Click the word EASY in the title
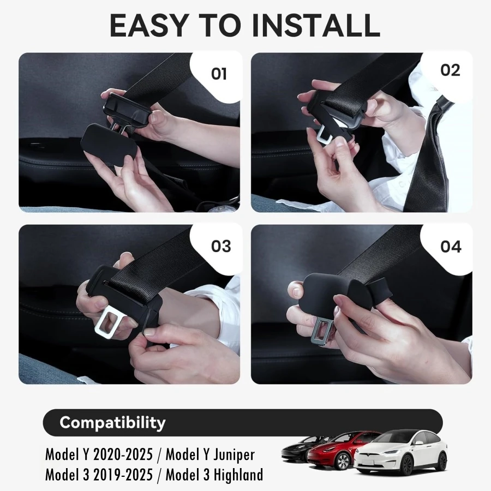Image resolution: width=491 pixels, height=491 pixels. click(x=148, y=25)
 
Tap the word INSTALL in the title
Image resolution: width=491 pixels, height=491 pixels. click(x=316, y=25)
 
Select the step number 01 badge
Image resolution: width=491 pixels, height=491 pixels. click(x=219, y=74)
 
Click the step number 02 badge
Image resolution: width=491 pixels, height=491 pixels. click(x=450, y=70)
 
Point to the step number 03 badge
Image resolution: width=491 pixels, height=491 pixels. click(x=221, y=246)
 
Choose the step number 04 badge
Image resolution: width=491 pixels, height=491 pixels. click(x=451, y=247)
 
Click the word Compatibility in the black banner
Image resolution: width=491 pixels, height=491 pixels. click(x=112, y=423)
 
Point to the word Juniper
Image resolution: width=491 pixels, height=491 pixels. click(x=234, y=455)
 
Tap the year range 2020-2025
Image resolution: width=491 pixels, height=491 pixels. click(x=123, y=454)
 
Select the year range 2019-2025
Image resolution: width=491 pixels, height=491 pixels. click(x=123, y=475)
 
